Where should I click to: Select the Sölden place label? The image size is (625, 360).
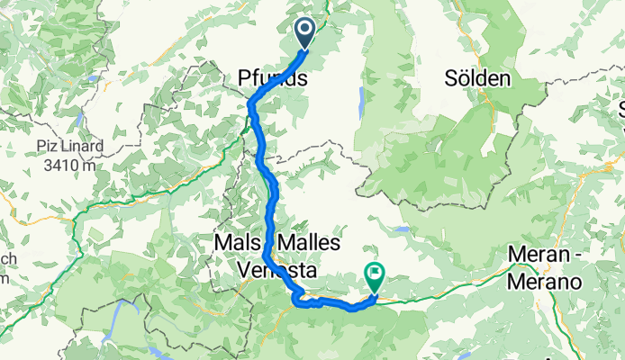[478, 79]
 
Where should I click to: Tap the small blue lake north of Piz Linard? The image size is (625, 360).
[80, 118]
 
